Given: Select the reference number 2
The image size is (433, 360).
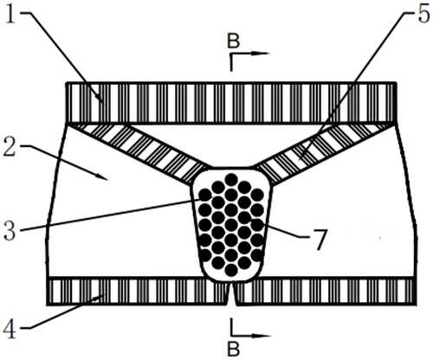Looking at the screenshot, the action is coord(10,146).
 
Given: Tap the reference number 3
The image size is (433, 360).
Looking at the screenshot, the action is coord(10,231).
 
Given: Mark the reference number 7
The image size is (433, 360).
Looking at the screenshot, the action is coord(320,240).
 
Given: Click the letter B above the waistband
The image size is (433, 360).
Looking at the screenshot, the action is coord(233,41).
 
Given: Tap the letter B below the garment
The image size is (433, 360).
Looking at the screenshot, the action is coord(233,350).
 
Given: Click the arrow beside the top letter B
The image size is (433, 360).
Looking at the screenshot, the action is coord(250,53).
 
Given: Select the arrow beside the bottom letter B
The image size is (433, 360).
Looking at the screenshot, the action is coord(250,336).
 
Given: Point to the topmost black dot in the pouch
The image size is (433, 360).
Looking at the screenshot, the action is coord(231,179).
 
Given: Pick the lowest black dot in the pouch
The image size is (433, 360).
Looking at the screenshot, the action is coord(231,270).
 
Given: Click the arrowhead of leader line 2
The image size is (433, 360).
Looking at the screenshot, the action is coord(103,177).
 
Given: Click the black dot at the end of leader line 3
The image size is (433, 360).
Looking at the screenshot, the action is coord(205,196).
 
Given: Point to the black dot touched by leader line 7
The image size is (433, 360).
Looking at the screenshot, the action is coord(257,224).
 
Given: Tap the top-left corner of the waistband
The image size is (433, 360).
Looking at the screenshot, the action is coord(67,83).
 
